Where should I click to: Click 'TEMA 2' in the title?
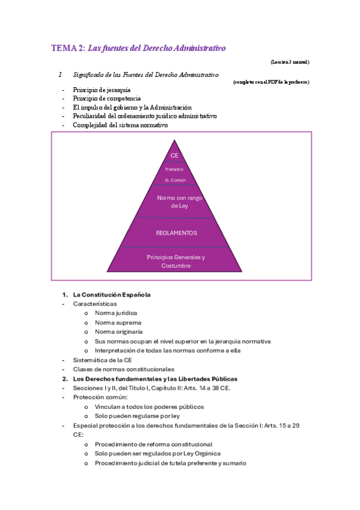tap(68, 48)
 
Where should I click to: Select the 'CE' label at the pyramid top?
tap(175, 156)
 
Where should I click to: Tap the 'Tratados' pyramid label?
tap(174, 169)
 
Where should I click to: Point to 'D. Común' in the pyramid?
tap(175, 180)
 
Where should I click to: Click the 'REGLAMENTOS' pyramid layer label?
tap(176, 233)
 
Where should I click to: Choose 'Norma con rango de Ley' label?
tap(175, 201)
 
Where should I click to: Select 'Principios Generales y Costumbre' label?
tap(176, 261)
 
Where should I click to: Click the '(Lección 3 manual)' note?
tap(290, 62)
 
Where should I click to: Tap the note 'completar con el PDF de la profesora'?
tap(271, 82)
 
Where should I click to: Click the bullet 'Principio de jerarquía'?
tap(101, 90)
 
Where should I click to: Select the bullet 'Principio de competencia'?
tap(106, 99)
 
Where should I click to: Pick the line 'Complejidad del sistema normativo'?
tap(120, 124)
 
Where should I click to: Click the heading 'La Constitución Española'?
tap(111, 295)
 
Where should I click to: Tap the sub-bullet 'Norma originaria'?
tap(118, 331)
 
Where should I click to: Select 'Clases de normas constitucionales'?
tap(123, 369)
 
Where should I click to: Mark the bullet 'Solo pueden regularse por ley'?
tap(137, 416)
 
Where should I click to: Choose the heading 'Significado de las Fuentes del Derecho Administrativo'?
tap(145, 75)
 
